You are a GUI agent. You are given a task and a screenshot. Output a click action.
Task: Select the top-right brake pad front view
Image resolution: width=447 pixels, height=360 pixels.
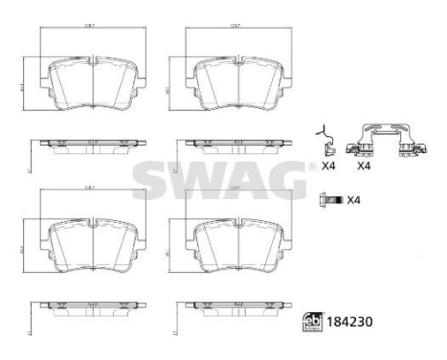coord(235,86)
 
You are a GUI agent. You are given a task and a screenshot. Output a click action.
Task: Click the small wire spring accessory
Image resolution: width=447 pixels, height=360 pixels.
coord(327,142)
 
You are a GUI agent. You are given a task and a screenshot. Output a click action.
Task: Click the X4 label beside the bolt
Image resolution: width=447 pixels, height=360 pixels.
coord(351,199)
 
